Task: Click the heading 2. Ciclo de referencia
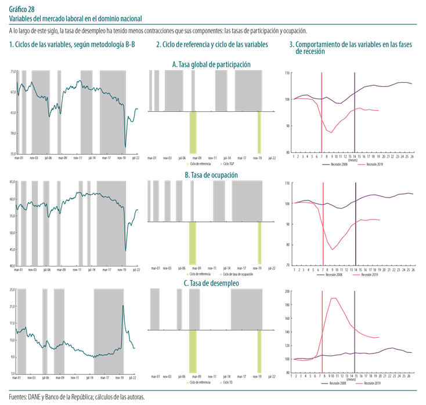click(212, 45)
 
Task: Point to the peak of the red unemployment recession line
click(334, 298)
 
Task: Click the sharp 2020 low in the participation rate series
click(126, 147)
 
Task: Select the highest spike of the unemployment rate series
click(123, 306)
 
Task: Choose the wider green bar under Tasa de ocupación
click(193, 243)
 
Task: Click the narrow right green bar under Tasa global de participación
click(259, 133)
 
